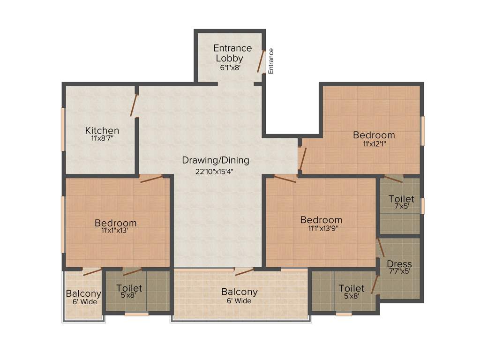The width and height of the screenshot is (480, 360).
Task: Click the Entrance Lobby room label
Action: coord(232,53)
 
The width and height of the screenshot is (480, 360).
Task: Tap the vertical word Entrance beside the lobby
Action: coord(271,60)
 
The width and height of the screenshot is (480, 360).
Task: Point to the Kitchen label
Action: coord(102,130)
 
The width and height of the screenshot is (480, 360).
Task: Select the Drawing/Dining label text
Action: coord(216,160)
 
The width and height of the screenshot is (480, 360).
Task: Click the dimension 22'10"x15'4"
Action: coord(215,171)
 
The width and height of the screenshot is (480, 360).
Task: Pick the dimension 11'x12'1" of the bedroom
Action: coord(374,144)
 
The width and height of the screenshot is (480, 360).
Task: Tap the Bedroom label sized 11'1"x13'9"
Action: coord(321,220)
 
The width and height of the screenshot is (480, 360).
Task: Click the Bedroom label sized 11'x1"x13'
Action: coord(115,223)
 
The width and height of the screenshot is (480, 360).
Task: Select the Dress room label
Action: coord(399,264)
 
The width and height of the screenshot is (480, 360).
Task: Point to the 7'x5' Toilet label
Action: coord(401,199)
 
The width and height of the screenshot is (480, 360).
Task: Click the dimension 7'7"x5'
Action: coord(399,271)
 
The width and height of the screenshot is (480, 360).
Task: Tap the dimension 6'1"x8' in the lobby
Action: coord(230,67)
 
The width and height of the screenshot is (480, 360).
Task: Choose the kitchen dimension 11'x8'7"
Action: coord(102,138)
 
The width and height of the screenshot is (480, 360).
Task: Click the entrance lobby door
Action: coord(261,61)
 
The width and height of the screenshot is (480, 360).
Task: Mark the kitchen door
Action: coord(134,105)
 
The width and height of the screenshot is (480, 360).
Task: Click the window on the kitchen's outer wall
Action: coord(63,129)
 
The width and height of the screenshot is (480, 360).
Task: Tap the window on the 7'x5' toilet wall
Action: coord(422,206)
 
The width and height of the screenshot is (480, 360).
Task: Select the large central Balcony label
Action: coord(239,292)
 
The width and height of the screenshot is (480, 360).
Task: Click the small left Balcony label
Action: coord(83,294)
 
